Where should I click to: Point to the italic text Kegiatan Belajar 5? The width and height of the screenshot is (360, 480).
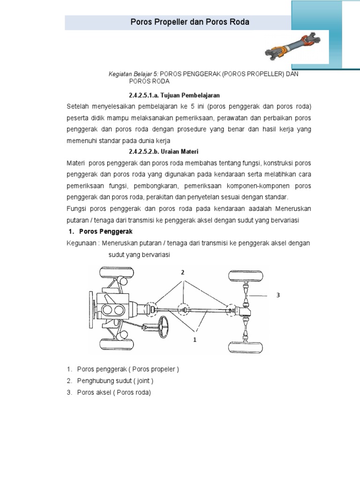click(x=132, y=75)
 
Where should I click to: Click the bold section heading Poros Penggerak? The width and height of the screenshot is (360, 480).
click(x=105, y=232)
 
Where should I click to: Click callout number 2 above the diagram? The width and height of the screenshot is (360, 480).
click(x=183, y=272)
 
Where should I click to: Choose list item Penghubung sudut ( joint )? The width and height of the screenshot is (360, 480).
click(x=115, y=381)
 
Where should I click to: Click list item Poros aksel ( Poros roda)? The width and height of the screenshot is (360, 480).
click(x=114, y=392)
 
